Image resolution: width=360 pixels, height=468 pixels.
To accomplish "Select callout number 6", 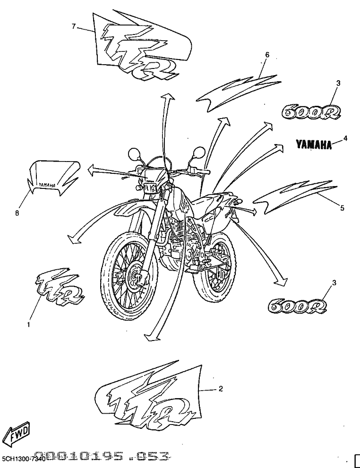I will click(267, 55).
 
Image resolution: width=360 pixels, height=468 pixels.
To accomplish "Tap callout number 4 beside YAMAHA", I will click(345, 138).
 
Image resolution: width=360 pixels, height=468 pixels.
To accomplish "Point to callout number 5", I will click(342, 207).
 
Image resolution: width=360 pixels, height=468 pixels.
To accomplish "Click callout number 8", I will click(17, 213).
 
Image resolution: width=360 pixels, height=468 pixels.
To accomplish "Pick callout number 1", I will click(28, 324).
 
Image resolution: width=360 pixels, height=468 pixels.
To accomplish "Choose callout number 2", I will click(221, 389).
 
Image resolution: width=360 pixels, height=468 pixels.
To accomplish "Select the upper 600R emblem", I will click(311, 111).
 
